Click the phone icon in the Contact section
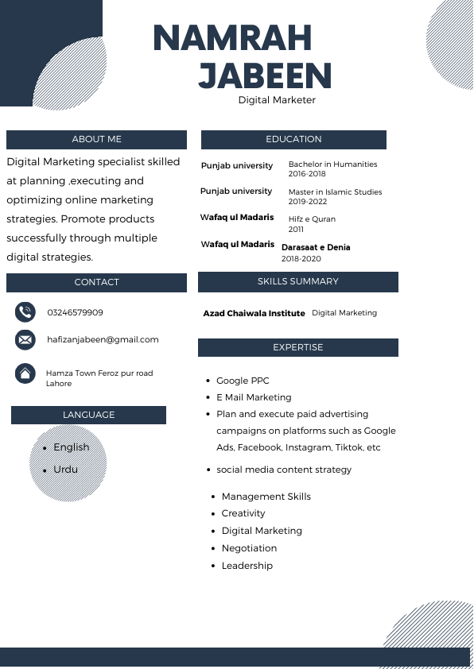[x=25, y=311]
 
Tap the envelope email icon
[x=25, y=339]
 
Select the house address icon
[x=25, y=373]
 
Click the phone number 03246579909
[x=75, y=312]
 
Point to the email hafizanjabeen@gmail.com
[x=103, y=339]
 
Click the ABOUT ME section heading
[x=96, y=139]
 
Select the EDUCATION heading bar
[x=293, y=139]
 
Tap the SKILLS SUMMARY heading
[x=297, y=281]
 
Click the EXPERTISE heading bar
[x=297, y=347]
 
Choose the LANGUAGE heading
[x=88, y=415]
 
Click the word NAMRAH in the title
[x=231, y=39]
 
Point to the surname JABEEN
[x=264, y=76]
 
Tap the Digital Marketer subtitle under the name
[x=277, y=100]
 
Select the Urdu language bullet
[x=65, y=470]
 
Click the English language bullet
[x=71, y=447]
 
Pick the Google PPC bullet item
[x=243, y=381]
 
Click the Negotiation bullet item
[x=249, y=548]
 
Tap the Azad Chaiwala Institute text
[x=254, y=314]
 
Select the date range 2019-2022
[x=308, y=202]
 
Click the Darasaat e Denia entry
[x=316, y=248]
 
